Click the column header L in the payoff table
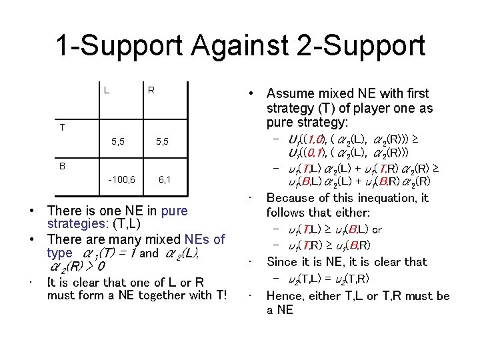pos(107,89)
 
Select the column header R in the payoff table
pos(151,89)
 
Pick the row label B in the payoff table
pos(62,165)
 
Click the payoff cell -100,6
pos(121,179)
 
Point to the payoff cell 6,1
pos(164,179)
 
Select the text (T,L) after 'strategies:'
pos(126,224)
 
